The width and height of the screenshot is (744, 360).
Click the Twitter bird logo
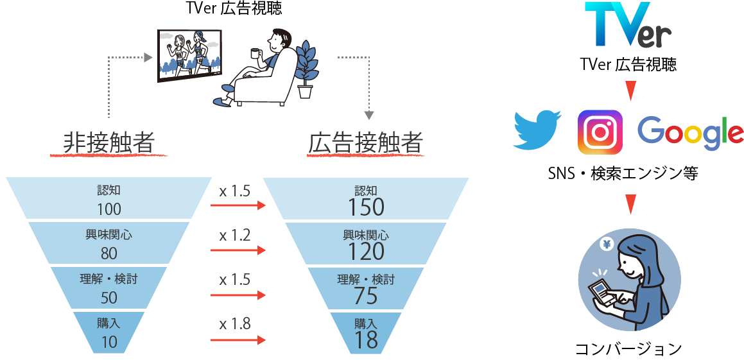pos(537,130)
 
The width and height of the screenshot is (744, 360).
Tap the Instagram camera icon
pos(600,132)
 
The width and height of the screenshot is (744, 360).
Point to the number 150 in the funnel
pos(366,207)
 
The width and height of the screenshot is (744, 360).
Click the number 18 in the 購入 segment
pos(366,339)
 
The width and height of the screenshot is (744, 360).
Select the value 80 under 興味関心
pos(109,253)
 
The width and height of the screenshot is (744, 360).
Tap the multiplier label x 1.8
pos(234,325)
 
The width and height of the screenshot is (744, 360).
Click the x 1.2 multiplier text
pos(234,236)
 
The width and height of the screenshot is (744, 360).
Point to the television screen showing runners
pos(190,53)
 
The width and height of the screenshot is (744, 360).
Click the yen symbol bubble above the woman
pos(607,244)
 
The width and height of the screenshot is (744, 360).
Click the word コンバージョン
pos(628,350)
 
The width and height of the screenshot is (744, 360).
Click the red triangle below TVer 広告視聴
pos(630,91)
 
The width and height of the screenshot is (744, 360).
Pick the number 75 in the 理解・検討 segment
pos(366,296)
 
